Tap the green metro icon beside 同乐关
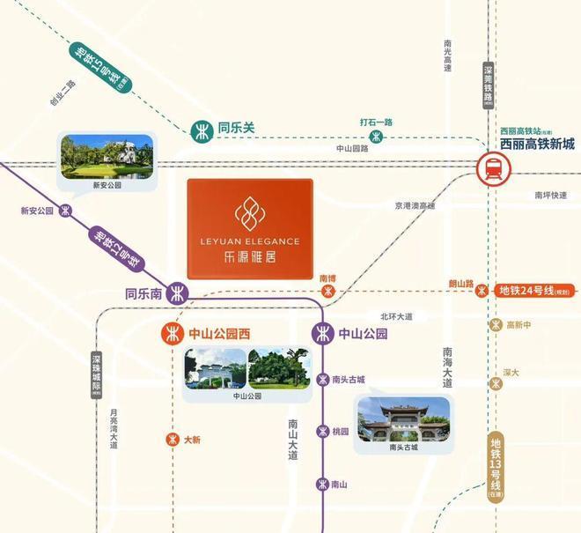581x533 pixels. [202, 129]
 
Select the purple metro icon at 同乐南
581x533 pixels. [179, 292]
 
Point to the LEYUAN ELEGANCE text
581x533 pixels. [249, 241]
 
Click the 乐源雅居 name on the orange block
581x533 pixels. [249, 259]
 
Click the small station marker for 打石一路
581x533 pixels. [376, 136]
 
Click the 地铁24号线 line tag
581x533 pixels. [533, 290]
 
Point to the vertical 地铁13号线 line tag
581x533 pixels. [496, 468]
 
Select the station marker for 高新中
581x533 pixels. [496, 325]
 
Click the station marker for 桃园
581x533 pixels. [322, 432]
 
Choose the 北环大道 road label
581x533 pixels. [396, 315]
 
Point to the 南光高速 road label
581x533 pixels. [448, 56]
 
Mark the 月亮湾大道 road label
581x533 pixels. [114, 430]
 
